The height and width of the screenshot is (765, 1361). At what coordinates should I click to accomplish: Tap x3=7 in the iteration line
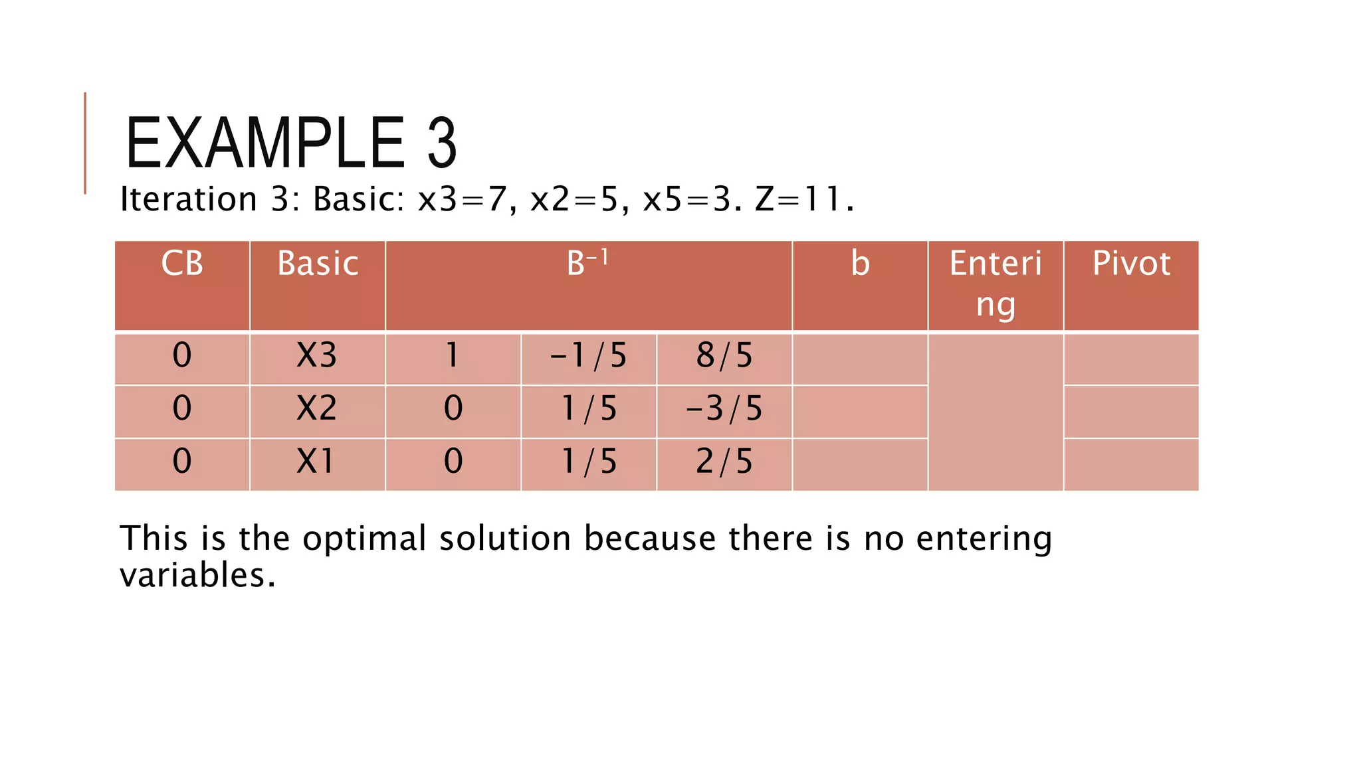(462, 199)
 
